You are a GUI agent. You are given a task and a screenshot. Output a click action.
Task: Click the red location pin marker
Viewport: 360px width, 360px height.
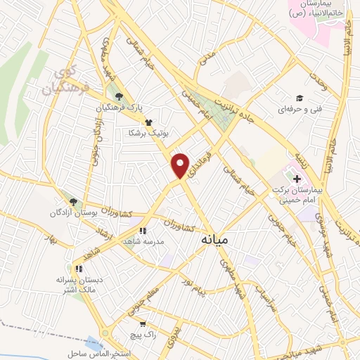tap(181, 166)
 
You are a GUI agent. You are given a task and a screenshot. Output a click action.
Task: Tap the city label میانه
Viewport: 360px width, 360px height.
tap(215, 240)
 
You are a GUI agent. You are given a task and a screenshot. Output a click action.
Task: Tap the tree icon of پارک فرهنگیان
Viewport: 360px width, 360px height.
tap(120, 97)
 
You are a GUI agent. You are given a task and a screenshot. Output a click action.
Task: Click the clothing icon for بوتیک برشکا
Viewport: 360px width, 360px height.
tap(148, 122)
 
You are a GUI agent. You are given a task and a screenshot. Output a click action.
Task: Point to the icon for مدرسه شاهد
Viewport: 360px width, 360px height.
tap(142, 230)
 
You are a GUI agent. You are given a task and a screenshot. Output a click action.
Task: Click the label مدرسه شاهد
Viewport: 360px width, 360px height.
tap(143, 241)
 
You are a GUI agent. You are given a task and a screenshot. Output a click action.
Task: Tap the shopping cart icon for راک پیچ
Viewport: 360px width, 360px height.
tap(143, 324)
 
